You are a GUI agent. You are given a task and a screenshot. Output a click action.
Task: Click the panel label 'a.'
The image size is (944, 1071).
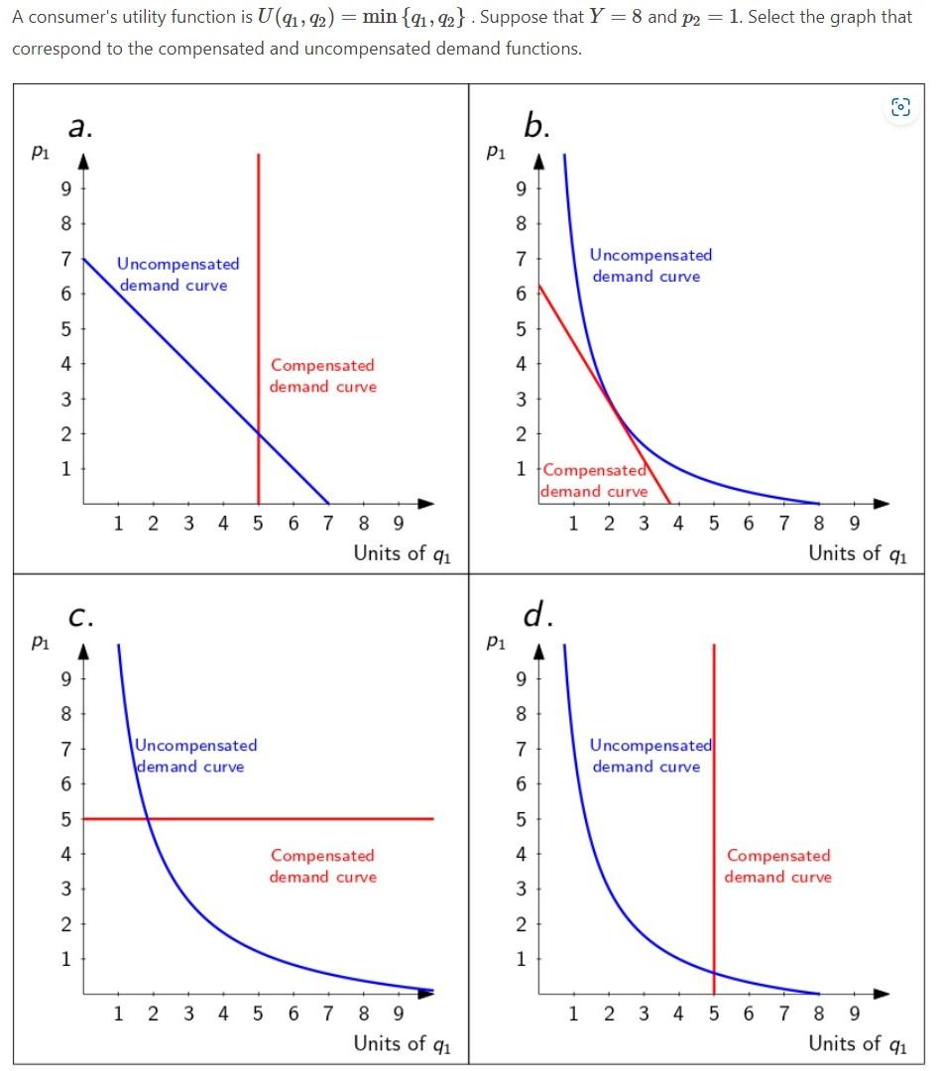point(82,126)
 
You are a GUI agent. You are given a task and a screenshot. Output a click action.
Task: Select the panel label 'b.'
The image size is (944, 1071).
point(536,126)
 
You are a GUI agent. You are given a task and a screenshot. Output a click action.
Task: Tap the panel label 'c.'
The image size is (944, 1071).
point(82,616)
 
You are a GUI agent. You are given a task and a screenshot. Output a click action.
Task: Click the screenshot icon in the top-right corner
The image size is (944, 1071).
point(900,108)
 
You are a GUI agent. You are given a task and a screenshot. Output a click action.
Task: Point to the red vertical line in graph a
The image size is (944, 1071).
point(259,297)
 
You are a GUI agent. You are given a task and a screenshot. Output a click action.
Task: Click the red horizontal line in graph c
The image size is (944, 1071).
point(297,818)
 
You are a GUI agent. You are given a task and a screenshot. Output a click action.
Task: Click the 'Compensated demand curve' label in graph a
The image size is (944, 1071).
point(323,377)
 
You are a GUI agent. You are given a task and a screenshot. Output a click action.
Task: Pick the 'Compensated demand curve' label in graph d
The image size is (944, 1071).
point(778,866)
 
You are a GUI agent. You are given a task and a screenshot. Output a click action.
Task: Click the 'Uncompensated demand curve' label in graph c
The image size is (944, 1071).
point(195,756)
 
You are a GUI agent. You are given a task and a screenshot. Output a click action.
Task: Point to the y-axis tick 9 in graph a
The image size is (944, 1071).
point(65,188)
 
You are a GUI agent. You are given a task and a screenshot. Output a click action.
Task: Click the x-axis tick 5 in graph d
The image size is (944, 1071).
point(714,1013)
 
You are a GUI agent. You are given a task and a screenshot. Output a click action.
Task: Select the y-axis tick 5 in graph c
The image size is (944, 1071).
point(65,819)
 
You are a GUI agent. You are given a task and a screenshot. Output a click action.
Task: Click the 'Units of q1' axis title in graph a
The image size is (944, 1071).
point(402,553)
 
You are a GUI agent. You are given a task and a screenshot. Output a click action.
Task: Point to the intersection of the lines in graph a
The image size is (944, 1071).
point(259,433)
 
